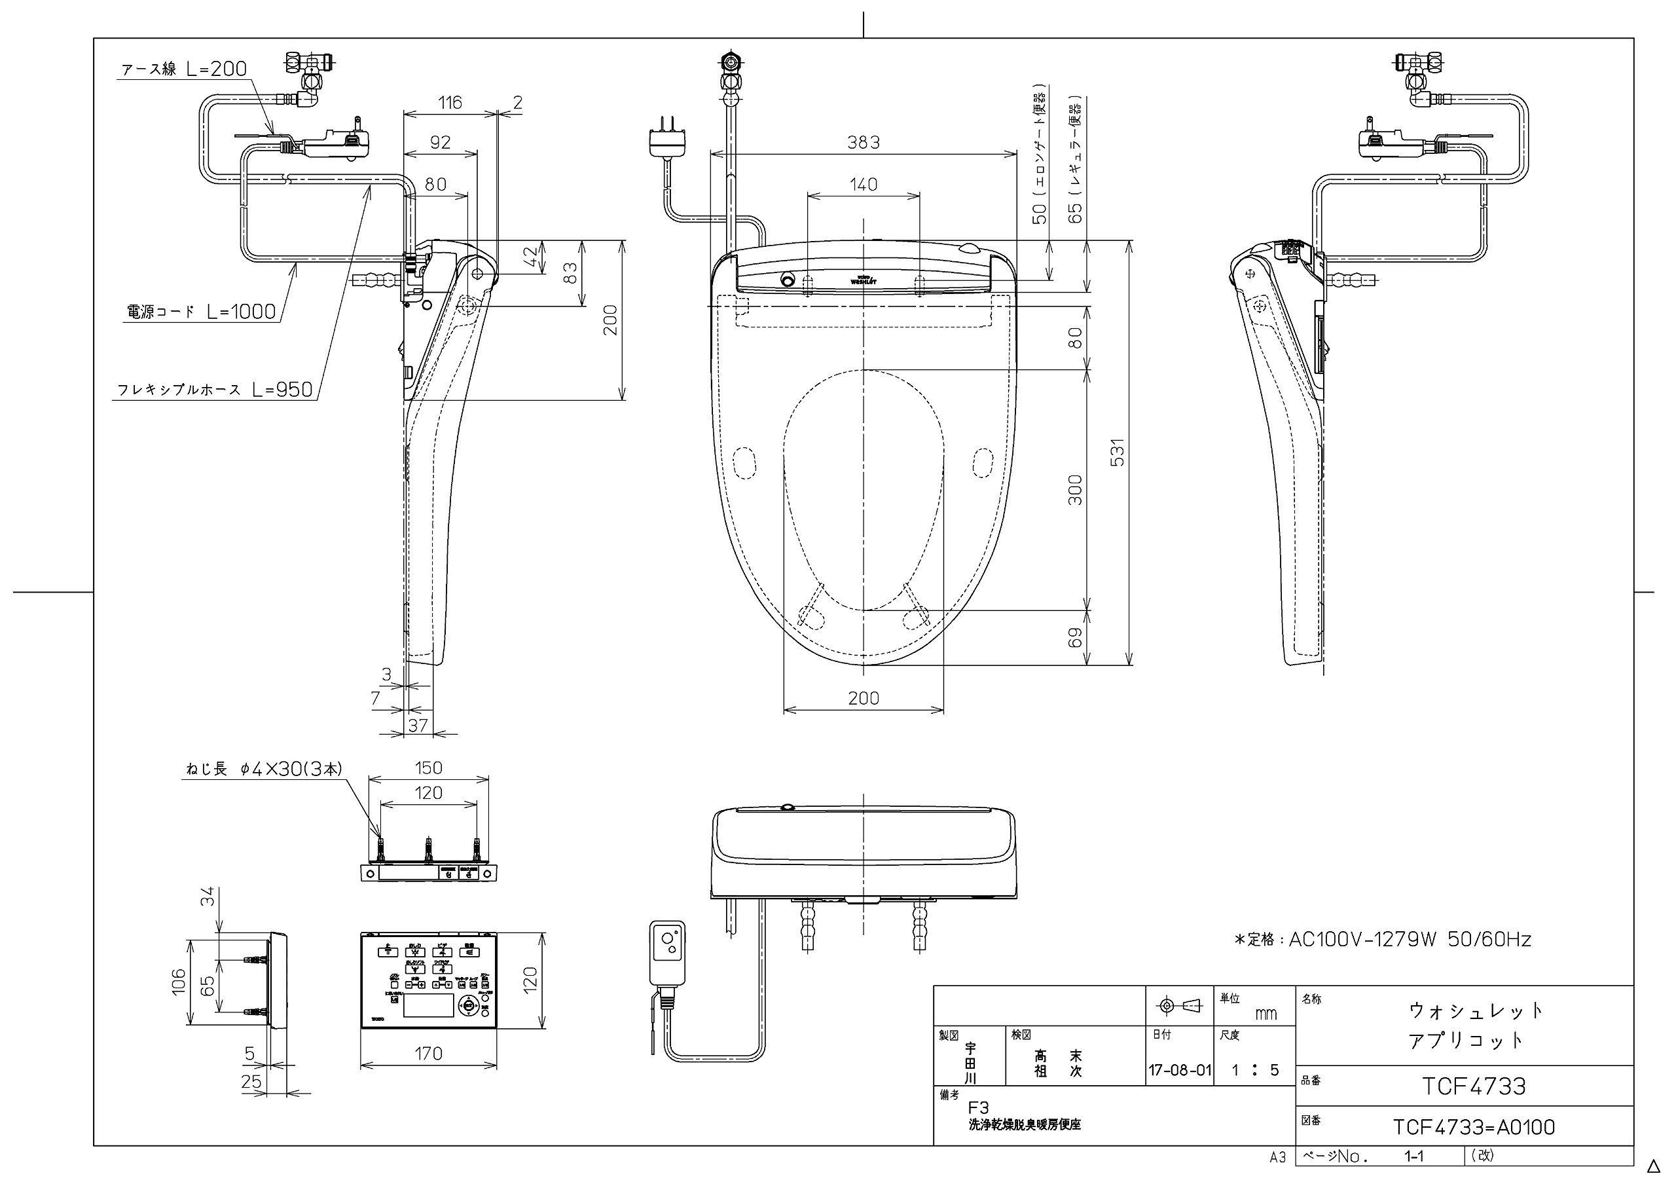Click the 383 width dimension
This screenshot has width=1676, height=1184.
coord(863,142)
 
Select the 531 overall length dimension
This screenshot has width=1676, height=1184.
coord(1117,453)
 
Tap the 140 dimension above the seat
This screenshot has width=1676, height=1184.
coord(863,185)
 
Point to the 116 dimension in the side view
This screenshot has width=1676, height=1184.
coord(450,103)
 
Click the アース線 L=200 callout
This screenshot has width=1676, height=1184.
coord(184,69)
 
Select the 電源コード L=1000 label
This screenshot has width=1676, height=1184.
coord(202,312)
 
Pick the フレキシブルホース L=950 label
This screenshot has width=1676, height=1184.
coord(215,390)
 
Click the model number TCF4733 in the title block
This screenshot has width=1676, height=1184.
coord(1473,1086)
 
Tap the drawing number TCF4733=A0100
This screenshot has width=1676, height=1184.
coord(1473,1127)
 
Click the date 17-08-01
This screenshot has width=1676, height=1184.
coord(1180,1071)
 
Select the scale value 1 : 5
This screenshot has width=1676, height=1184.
coord(1256,1071)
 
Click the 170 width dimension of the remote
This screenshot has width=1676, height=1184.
coord(428,1053)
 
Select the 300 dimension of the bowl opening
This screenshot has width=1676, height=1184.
coord(1074,490)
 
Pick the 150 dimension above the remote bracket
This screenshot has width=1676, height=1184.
coord(428,768)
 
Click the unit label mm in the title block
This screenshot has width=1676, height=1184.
coord(1265,1014)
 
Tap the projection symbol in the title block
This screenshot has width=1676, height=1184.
coord(1180,1007)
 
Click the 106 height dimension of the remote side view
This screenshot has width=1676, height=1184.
coord(179,982)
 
